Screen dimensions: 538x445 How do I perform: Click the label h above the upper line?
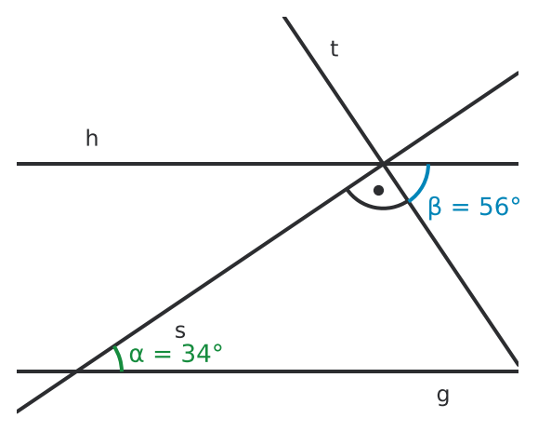[92, 138]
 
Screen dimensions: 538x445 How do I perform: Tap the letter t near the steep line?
[335, 48]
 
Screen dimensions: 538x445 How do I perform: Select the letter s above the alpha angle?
[179, 331]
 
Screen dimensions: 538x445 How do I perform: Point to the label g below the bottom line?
[443, 396]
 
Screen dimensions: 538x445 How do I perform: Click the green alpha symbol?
[137, 354]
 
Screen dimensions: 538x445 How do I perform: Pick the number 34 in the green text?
[195, 353]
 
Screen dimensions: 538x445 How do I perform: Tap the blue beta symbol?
[435, 207]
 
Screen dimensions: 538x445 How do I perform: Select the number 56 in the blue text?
[493, 207]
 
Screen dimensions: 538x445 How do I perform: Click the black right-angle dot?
[378, 190]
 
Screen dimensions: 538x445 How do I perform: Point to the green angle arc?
[120, 357]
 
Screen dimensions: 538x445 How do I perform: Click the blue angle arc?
[423, 185]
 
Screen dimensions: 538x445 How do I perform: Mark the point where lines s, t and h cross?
[383, 164]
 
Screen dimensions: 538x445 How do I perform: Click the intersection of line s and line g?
[76, 371]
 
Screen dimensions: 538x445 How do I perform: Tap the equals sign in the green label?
[163, 354]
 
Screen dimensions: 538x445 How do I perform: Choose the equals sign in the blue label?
[461, 207]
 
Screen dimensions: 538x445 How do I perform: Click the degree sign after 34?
[217, 348]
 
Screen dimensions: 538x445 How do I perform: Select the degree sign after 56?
[516, 201]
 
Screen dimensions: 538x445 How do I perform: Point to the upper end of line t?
[284, 17]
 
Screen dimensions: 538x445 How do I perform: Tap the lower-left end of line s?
[17, 411]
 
